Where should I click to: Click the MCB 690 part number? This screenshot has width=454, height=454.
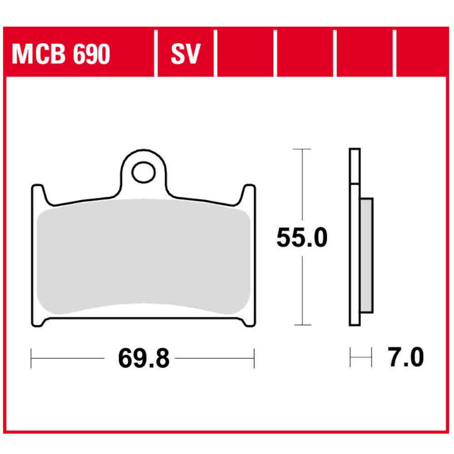tap(61, 55)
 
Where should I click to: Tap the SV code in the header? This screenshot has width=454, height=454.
tap(185, 55)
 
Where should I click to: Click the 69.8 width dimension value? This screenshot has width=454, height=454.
tap(143, 359)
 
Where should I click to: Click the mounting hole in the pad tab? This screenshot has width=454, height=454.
tap(143, 173)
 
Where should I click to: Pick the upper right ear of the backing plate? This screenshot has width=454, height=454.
tap(249, 192)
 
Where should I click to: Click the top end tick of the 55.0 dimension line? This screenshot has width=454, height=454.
tap(302, 149)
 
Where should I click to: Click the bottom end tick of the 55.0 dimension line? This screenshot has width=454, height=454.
tap(302, 325)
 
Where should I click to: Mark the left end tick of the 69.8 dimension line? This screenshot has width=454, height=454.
tap(31, 359)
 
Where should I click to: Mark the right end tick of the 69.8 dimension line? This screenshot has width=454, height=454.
tap(254, 359)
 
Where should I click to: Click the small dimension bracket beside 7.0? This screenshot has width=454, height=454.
tap(361, 358)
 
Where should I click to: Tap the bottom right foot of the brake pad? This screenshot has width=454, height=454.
tap(248, 321)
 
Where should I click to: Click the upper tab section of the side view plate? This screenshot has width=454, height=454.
tap(355, 166)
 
